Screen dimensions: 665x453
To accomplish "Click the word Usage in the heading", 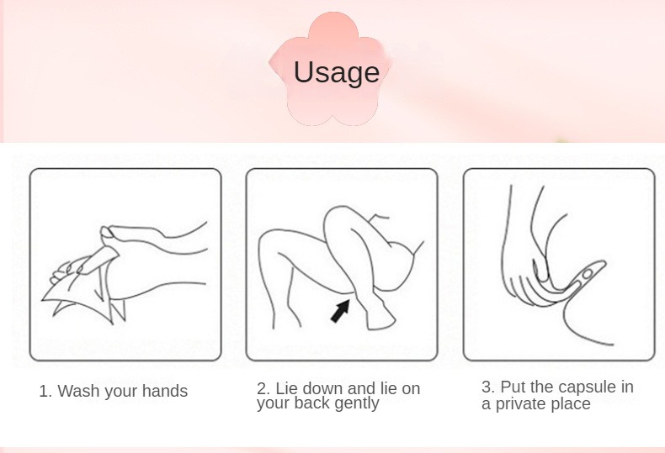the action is point(337,72).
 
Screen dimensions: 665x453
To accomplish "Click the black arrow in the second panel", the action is point(340,311).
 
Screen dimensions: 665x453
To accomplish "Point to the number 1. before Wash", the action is point(45,391).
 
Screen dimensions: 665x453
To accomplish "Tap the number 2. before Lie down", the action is point(263,388).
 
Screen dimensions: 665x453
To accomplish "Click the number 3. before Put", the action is point(488,387).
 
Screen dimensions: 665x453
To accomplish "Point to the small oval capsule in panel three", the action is point(587,275).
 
